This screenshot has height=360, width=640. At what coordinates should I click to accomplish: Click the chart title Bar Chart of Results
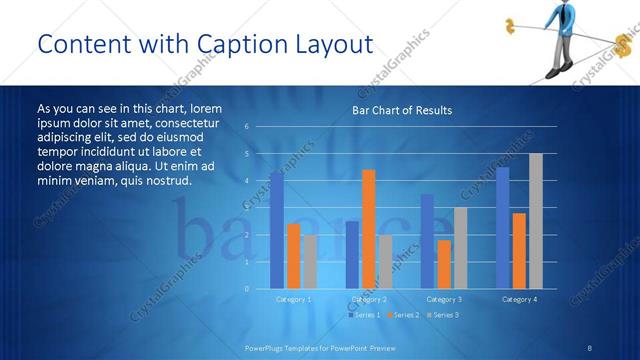[x=402, y=110]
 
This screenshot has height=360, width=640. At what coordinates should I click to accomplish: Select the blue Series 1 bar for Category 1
[x=277, y=230]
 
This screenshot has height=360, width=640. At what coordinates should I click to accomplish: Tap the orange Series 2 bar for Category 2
[x=368, y=229]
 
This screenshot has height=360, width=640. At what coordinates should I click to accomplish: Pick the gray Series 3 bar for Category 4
[x=536, y=221]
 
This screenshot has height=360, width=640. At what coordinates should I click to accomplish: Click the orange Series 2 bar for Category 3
[x=443, y=264]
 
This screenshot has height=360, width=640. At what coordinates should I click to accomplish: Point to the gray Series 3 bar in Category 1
[x=310, y=262]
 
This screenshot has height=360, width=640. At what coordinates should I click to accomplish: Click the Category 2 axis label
[x=369, y=299]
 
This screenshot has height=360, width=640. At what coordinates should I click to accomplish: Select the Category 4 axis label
[x=519, y=299]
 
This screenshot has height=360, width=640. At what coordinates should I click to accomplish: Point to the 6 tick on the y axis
[x=247, y=127]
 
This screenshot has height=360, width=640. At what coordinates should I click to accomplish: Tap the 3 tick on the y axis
[x=247, y=208]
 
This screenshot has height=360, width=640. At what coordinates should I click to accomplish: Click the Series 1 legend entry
[x=364, y=315]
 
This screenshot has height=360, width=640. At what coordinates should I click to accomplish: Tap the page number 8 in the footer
[x=589, y=347]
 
